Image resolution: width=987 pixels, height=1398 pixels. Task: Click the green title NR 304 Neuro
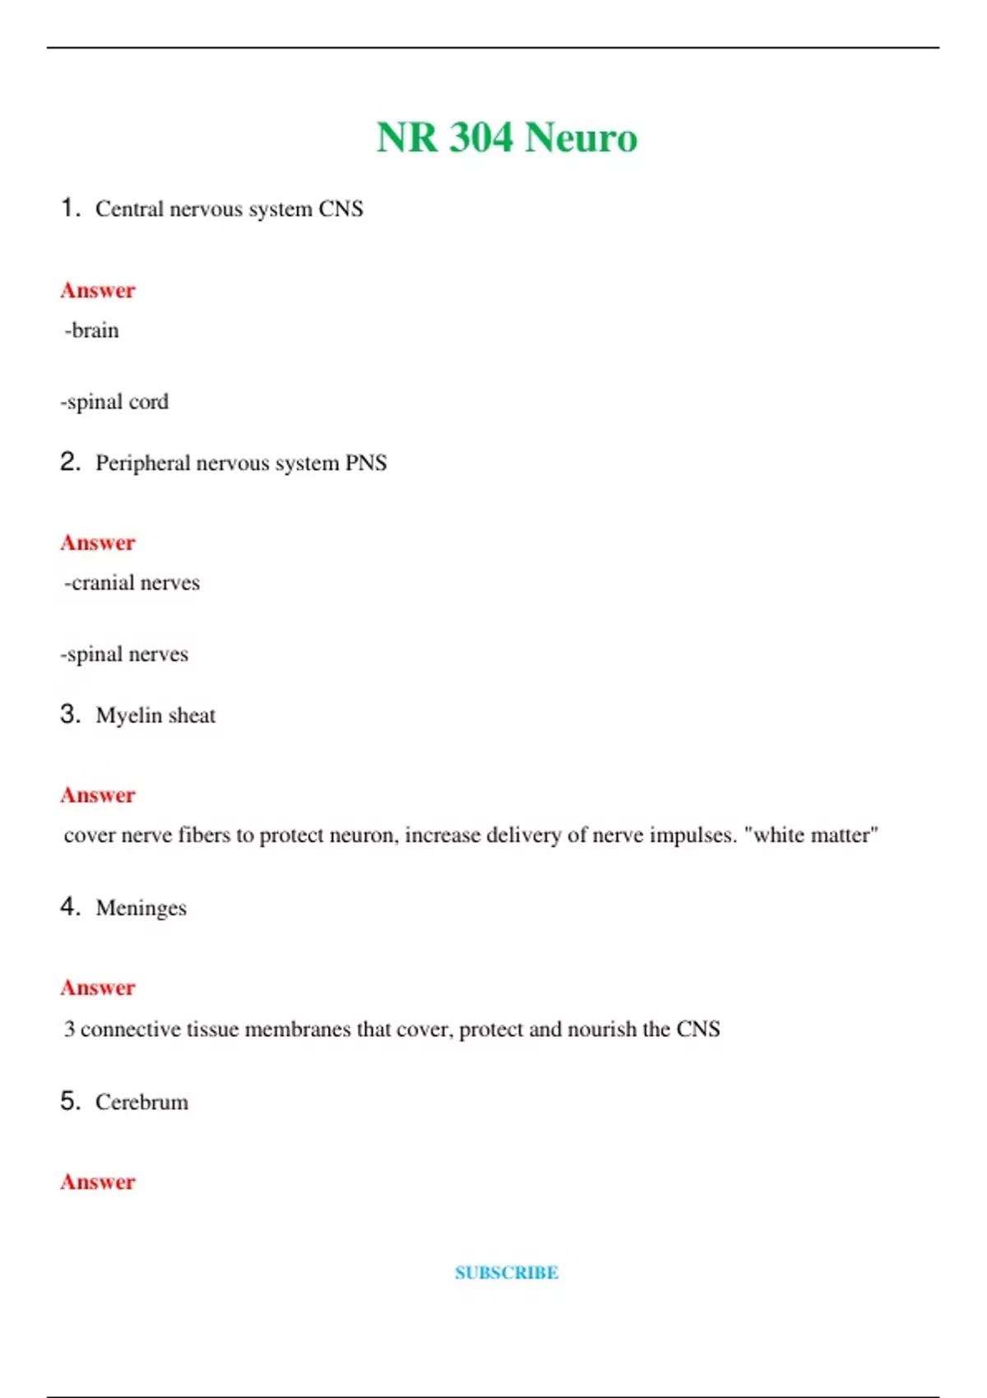coord(507,137)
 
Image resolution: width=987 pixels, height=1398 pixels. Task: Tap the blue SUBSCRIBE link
coord(507,1273)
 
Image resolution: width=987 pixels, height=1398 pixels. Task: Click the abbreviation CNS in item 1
coord(341,209)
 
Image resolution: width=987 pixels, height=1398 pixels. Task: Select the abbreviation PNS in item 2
coord(365,463)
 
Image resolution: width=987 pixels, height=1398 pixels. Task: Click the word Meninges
coord(141,908)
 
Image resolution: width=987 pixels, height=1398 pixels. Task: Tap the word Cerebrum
coord(141,1102)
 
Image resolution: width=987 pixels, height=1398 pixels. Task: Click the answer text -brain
coord(91,331)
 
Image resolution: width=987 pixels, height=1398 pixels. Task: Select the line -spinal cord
coord(114,402)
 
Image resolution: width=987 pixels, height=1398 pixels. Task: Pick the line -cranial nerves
coord(132,583)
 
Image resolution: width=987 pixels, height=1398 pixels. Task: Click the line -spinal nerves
coord(124,655)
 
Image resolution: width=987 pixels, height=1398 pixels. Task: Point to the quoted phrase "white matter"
coord(811,836)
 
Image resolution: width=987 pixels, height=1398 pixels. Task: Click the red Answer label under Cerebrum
coord(98,1182)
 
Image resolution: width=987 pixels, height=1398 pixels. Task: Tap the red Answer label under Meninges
coord(98,988)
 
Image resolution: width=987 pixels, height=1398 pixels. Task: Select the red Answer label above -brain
coord(98,290)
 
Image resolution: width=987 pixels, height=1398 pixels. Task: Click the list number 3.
coord(70,714)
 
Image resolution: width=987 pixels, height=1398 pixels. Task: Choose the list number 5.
coord(70,1100)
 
